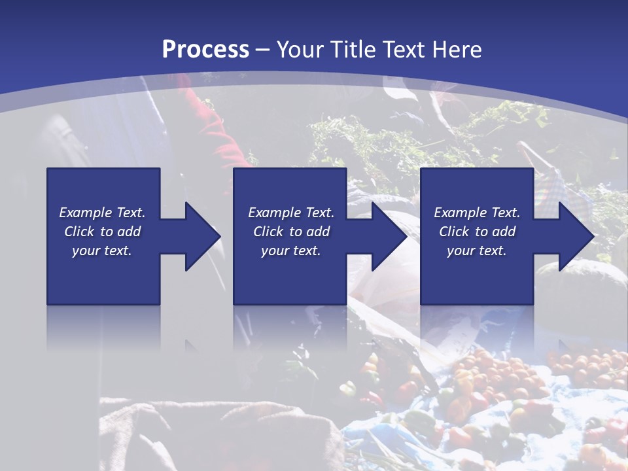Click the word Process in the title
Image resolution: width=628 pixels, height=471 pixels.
[x=205, y=50]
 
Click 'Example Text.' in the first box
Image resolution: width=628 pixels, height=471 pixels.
[x=102, y=213]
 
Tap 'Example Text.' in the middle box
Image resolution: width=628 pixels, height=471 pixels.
[x=291, y=213]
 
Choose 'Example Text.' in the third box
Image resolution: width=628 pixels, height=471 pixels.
[x=477, y=213]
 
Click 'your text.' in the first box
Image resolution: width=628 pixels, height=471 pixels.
[x=102, y=251]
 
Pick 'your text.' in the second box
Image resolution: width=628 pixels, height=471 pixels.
[x=291, y=251]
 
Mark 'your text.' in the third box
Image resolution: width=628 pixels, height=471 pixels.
[x=477, y=251]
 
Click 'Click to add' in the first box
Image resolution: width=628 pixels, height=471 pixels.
[x=102, y=232]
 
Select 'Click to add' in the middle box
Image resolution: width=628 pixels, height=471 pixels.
[x=291, y=232]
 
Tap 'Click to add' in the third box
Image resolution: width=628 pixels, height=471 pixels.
[x=477, y=232]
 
